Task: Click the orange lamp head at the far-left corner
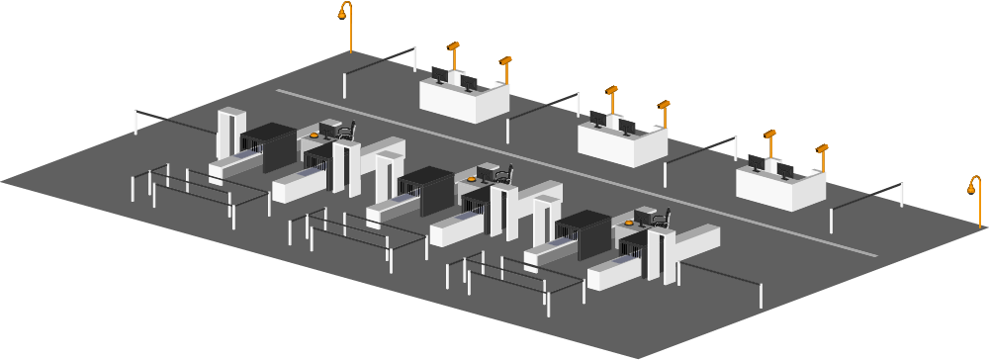click(x=344, y=12)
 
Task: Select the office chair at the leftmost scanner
click(x=345, y=131)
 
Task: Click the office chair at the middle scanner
click(x=503, y=175)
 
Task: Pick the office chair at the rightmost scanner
click(x=661, y=219)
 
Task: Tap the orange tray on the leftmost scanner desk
click(x=315, y=135)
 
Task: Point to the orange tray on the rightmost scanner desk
click(x=630, y=224)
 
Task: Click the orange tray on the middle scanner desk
click(x=472, y=179)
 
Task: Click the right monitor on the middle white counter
click(x=627, y=127)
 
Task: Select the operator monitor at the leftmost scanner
click(x=328, y=130)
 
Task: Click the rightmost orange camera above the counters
click(x=822, y=148)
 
